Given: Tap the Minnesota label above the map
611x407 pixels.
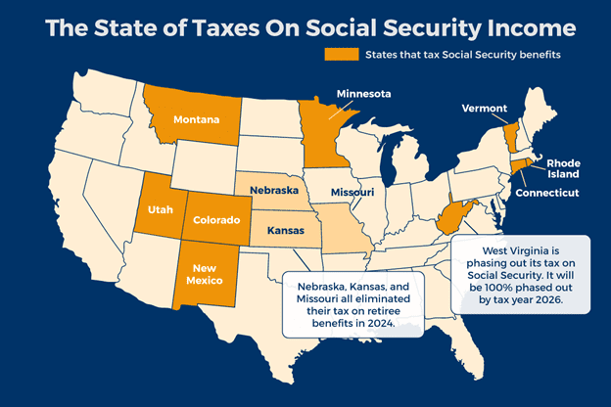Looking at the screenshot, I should pos(363,94).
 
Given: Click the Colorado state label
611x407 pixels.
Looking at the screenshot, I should pos(215,220).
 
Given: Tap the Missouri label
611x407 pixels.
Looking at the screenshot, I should pos(352,192).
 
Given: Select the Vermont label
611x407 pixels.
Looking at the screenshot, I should pos(484,108).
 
